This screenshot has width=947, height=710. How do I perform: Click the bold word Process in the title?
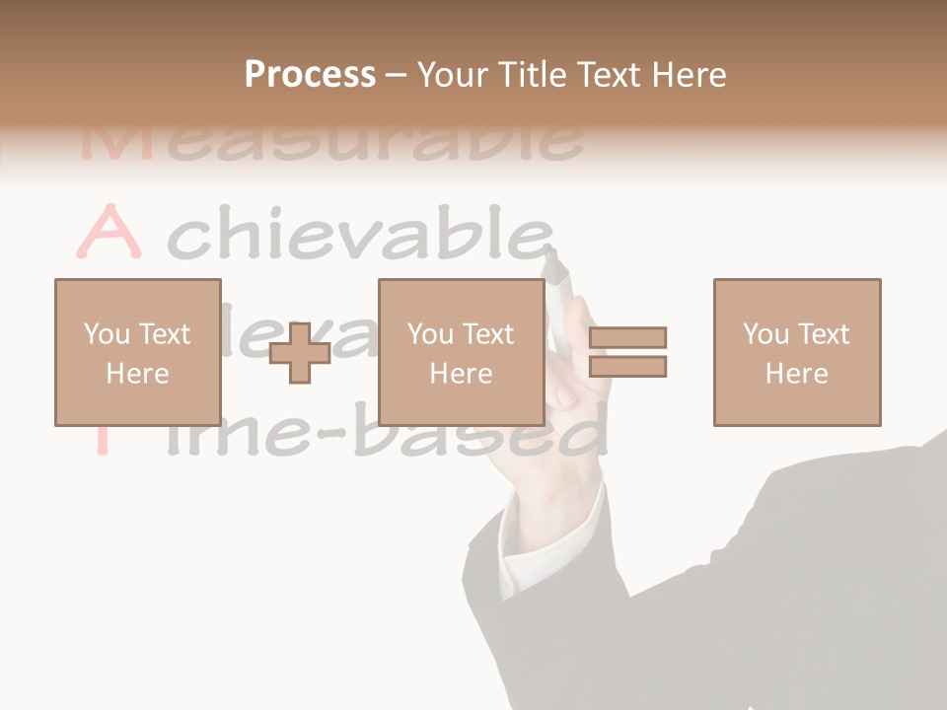click(310, 75)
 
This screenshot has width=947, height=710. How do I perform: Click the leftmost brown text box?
click(137, 352)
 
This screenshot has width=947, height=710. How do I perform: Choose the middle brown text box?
click(461, 352)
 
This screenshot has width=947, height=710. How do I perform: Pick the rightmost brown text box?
click(796, 352)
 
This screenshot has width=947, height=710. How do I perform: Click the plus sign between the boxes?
click(300, 352)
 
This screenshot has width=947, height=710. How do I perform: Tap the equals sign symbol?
click(627, 352)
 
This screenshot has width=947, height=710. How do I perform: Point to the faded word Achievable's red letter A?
click(109, 233)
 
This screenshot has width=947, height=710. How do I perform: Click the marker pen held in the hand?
click(559, 296)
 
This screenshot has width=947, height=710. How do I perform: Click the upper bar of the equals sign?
click(627, 338)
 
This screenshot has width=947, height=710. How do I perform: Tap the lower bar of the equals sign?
click(627, 367)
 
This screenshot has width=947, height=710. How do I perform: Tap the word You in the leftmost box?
click(107, 334)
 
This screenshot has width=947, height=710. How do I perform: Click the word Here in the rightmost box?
click(796, 374)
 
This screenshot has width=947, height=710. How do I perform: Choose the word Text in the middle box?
click(487, 334)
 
